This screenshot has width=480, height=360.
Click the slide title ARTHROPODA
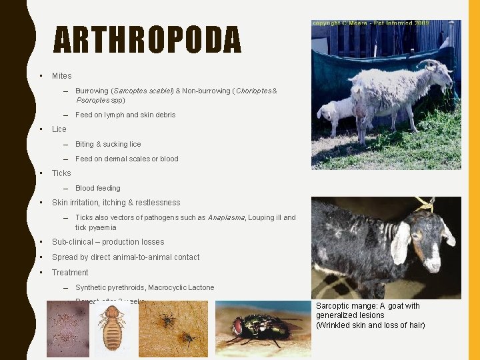147,39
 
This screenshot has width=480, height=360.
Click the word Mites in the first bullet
61,76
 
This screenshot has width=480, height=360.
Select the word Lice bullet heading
59,129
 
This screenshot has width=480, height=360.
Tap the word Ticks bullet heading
61,173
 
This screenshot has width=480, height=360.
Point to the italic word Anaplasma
226,217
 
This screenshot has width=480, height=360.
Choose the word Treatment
70,273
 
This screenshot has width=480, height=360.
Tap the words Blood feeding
97,188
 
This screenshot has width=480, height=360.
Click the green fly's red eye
238,327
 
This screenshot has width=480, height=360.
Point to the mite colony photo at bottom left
67,329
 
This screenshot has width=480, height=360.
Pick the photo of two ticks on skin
177,329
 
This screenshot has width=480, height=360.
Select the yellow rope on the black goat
424,205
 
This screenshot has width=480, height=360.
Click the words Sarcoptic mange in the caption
344,306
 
